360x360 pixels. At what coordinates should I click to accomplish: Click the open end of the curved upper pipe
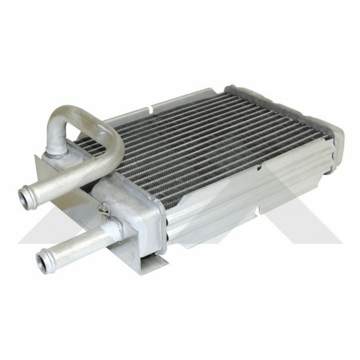coord(28,199)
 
